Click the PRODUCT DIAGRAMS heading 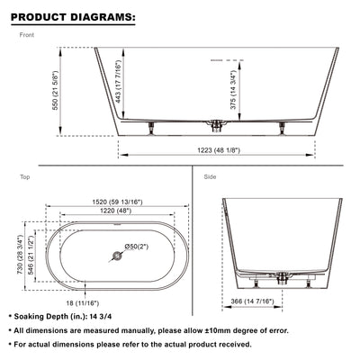pos(74,16)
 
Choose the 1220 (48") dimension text pos(114,211)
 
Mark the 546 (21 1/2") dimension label pos(32,256)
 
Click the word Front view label pos(27,36)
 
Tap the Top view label pos(25,177)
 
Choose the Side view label pos(211,177)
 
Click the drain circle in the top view pos(115,257)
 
